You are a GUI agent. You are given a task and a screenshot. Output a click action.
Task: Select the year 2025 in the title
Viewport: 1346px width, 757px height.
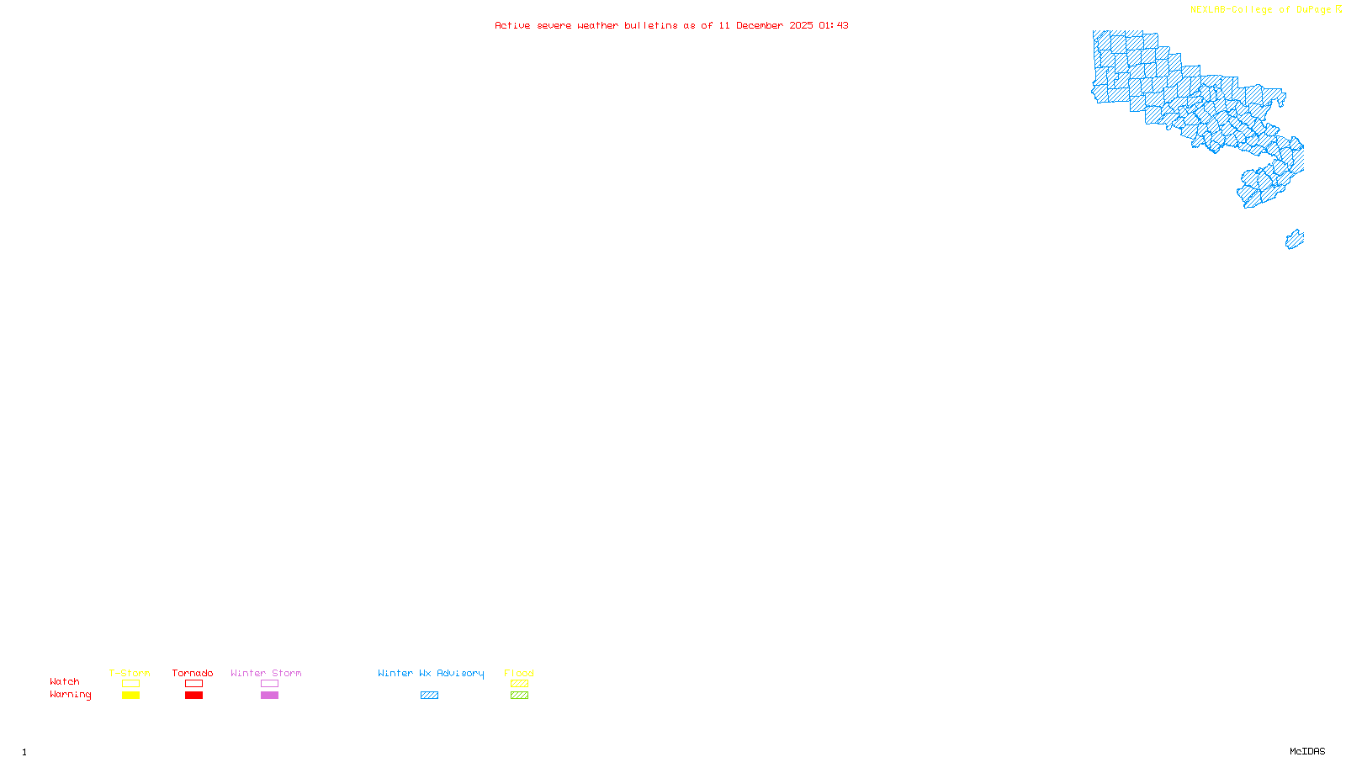(801, 25)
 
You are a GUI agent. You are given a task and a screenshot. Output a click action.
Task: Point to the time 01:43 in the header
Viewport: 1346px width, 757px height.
(833, 25)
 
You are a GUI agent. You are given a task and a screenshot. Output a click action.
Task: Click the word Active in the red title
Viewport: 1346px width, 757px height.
(512, 25)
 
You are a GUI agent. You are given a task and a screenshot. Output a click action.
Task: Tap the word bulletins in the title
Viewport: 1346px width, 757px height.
(651, 25)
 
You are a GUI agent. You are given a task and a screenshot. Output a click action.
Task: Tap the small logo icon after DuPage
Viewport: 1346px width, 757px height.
(1339, 9)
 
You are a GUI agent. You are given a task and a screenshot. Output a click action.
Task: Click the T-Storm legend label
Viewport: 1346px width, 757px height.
(130, 673)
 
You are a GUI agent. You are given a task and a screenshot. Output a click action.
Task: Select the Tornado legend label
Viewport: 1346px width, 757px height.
(193, 673)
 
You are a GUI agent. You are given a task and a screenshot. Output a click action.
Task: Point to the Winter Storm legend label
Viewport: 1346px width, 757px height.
(266, 673)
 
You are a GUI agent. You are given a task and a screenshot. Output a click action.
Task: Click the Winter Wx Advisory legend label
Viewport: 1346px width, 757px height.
(431, 673)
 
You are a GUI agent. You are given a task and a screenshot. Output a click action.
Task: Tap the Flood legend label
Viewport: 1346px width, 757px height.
(519, 673)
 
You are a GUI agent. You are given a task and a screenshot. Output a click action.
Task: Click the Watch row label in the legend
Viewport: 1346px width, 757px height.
(65, 681)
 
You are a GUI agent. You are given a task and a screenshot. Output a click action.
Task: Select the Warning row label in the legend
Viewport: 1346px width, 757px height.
(70, 695)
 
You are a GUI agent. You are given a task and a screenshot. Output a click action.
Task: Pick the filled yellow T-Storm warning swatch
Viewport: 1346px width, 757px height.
(130, 696)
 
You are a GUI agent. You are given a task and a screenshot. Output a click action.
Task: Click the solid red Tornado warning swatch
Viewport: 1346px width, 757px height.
(194, 696)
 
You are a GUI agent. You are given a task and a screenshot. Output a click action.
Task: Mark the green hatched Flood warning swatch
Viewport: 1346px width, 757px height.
(520, 696)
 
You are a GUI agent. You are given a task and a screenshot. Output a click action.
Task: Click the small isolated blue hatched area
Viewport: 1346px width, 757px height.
(1295, 240)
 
